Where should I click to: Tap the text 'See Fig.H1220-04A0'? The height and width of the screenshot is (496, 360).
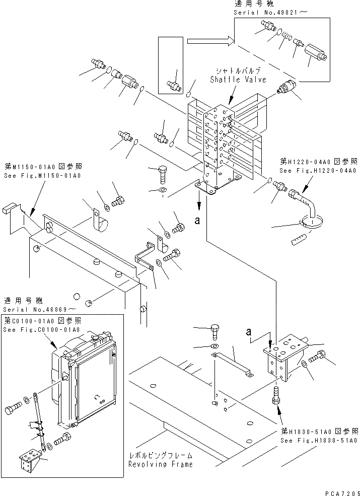click(x=318, y=171)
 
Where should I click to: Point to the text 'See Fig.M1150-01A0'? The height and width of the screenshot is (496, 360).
click(x=43, y=175)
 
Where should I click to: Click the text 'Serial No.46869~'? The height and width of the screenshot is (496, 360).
click(x=40, y=309)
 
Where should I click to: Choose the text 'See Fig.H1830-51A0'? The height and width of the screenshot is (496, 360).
click(x=319, y=439)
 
